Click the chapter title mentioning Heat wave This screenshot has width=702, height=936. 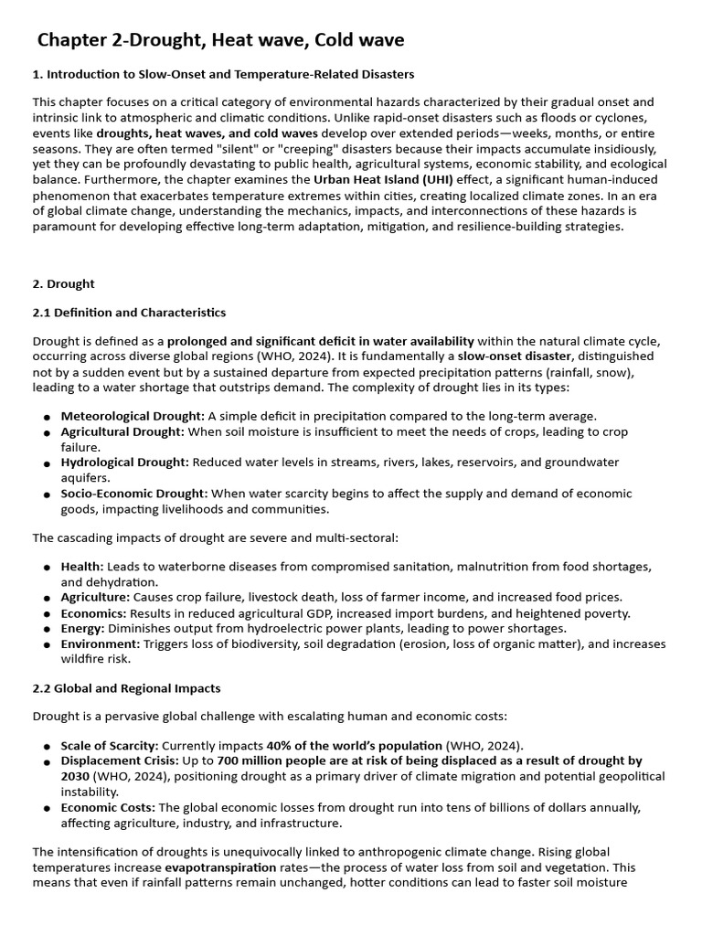pyautogui.click(x=220, y=40)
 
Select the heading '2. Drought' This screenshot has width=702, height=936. pyautogui.click(x=64, y=284)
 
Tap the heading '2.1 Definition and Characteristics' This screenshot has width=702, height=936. pyautogui.click(x=129, y=313)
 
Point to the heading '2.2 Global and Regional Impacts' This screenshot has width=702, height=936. pyautogui.click(x=126, y=687)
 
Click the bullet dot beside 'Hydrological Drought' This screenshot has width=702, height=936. pyautogui.click(x=45, y=463)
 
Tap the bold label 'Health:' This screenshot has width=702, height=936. pyautogui.click(x=82, y=567)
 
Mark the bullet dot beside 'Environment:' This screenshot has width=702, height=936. pyautogui.click(x=45, y=644)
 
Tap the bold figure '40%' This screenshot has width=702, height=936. pyautogui.click(x=280, y=745)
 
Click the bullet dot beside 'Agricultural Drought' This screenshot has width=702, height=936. pyautogui.click(x=45, y=432)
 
